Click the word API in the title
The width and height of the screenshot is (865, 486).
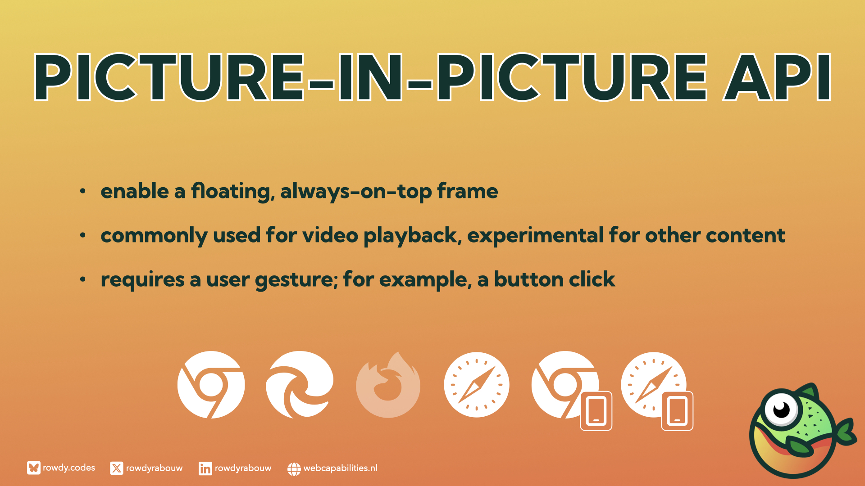pyautogui.click(x=777, y=77)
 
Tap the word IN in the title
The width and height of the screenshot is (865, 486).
pyautogui.click(x=370, y=77)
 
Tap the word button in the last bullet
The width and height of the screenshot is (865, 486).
pyautogui.click(x=529, y=279)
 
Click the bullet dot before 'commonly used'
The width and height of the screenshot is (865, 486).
pyautogui.click(x=82, y=235)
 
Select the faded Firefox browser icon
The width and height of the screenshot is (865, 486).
pyautogui.click(x=388, y=385)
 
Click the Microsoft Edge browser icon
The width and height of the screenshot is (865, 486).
pyautogui.click(x=300, y=385)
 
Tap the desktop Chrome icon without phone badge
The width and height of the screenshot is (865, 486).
pyautogui.click(x=211, y=385)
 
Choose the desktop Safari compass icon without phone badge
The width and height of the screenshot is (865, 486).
pyautogui.click(x=477, y=385)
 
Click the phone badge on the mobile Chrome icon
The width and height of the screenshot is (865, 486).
pyautogui.click(x=596, y=411)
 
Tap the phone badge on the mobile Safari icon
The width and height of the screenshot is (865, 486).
pyautogui.click(x=677, y=411)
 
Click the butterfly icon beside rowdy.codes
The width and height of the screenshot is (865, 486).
pyautogui.click(x=33, y=468)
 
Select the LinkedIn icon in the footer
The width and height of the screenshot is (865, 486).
pyautogui.click(x=205, y=468)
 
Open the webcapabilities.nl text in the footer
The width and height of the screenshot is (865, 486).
pyautogui.click(x=341, y=468)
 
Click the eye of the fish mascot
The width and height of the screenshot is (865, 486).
pyautogui.click(x=781, y=409)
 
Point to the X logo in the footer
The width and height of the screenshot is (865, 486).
pyautogui.click(x=116, y=468)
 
